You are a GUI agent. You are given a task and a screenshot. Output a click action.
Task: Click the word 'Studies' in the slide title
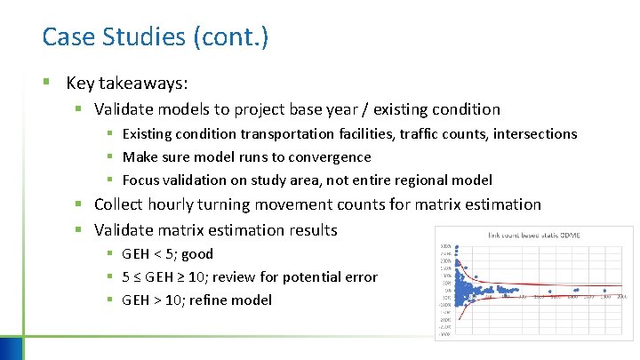[x=143, y=37]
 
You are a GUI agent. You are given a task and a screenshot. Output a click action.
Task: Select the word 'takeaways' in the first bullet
[x=149, y=84]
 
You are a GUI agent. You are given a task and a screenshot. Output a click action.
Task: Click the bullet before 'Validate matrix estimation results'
[x=78, y=230]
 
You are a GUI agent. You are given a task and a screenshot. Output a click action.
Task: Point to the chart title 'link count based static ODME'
[x=532, y=236]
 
